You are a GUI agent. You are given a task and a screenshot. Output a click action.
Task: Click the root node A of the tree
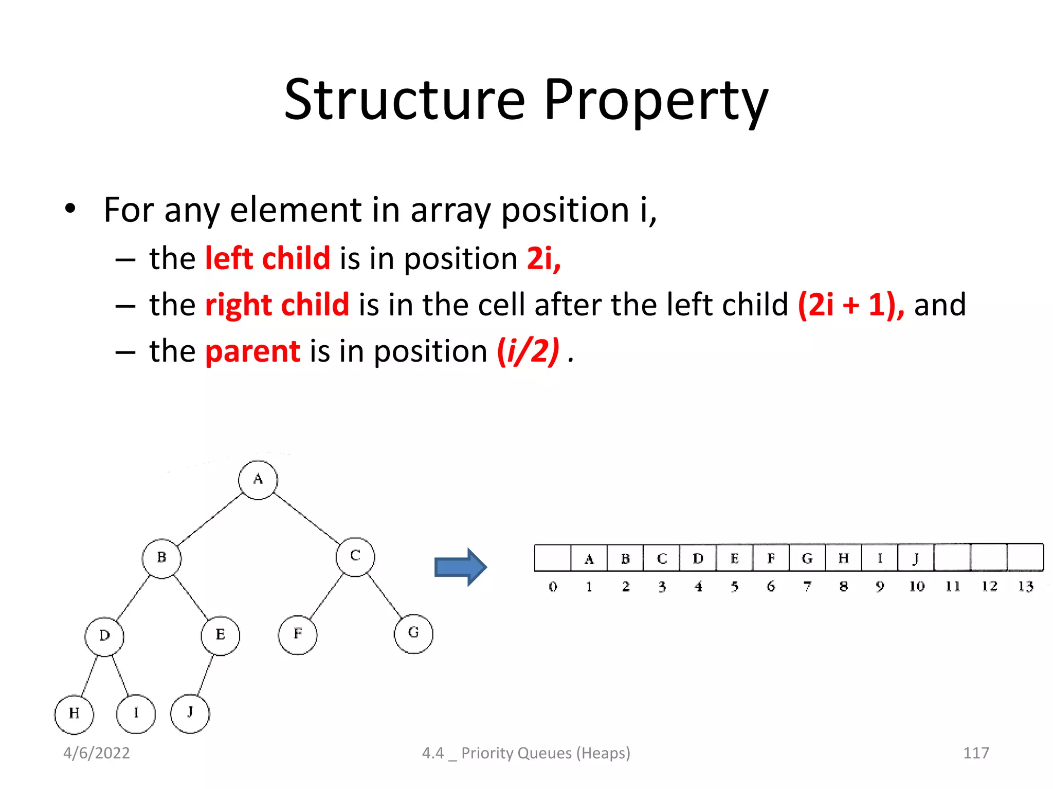(258, 480)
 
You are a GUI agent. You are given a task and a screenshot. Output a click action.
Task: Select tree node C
(355, 557)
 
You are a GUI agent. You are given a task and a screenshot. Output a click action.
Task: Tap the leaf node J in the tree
(190, 713)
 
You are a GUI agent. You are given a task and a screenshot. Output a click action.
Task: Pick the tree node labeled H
(74, 714)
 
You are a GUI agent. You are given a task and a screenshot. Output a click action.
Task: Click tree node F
(298, 635)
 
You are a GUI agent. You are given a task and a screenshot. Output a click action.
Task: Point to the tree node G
(413, 634)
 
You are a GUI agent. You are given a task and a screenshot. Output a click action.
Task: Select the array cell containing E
(734, 558)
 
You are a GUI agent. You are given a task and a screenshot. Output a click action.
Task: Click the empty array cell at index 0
(553, 558)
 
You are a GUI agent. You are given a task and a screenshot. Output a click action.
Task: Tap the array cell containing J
(916, 558)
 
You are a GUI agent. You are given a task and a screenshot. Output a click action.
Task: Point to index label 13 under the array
(1026, 587)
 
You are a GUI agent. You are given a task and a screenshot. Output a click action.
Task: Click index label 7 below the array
(807, 587)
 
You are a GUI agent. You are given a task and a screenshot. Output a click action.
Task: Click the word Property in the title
(656, 100)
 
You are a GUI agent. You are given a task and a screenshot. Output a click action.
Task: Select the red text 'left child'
(267, 258)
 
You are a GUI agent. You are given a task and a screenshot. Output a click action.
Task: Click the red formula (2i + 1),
(851, 305)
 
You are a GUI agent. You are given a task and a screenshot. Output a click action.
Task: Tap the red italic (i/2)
(528, 352)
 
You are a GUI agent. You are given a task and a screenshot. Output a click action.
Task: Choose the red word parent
(252, 352)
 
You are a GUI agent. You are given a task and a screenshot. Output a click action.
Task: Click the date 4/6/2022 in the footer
(97, 753)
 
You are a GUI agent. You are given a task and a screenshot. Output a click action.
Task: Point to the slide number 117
(975, 753)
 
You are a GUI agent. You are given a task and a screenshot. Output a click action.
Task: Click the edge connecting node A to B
(210, 519)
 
